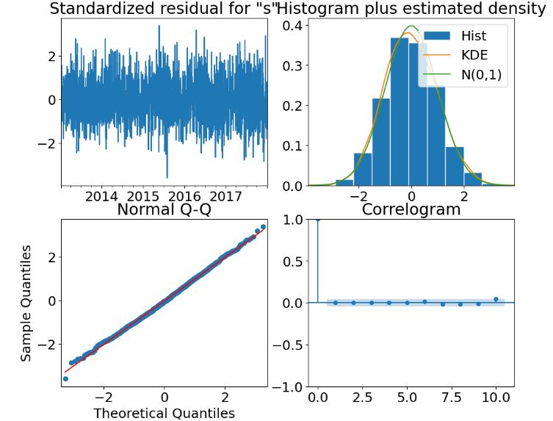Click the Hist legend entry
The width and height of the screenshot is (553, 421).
coord(473,35)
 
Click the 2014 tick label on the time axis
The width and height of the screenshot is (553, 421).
coord(101,196)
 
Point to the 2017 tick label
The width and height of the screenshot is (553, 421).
coord(226,196)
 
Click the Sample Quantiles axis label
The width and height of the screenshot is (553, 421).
coord(26,303)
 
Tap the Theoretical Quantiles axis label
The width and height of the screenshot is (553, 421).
coord(164,412)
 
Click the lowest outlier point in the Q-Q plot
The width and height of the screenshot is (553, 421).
coord(65,378)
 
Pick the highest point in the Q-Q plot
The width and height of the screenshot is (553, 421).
coord(263,226)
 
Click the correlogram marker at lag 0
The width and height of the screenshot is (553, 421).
coord(317,219)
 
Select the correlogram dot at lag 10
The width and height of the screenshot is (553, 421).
coord(495,299)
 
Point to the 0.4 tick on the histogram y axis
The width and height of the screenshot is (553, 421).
coord(290,26)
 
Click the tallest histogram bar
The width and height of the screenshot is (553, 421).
coord(399,110)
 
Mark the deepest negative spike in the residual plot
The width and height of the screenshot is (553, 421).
coord(167,177)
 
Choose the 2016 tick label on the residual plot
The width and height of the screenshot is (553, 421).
coord(184,196)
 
